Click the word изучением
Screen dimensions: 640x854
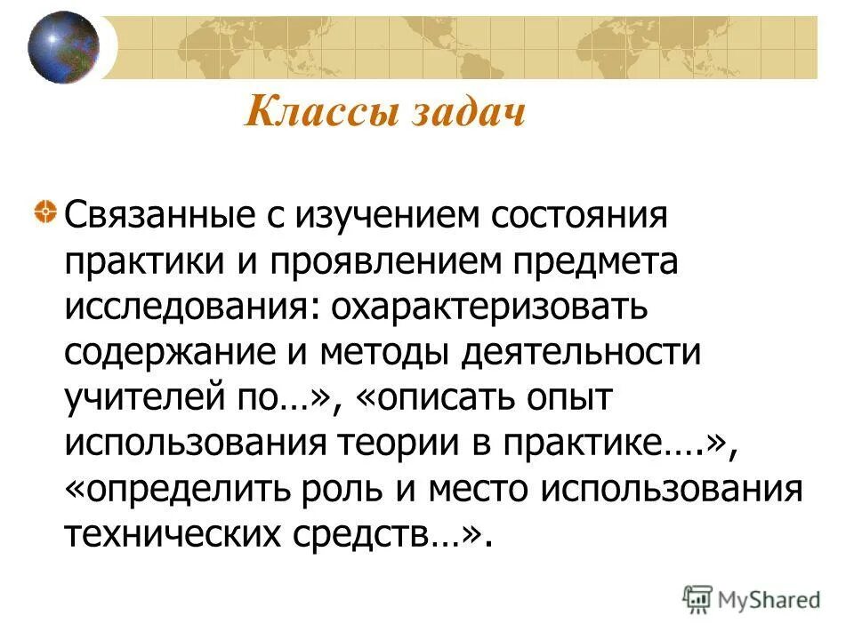pos(370,215)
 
